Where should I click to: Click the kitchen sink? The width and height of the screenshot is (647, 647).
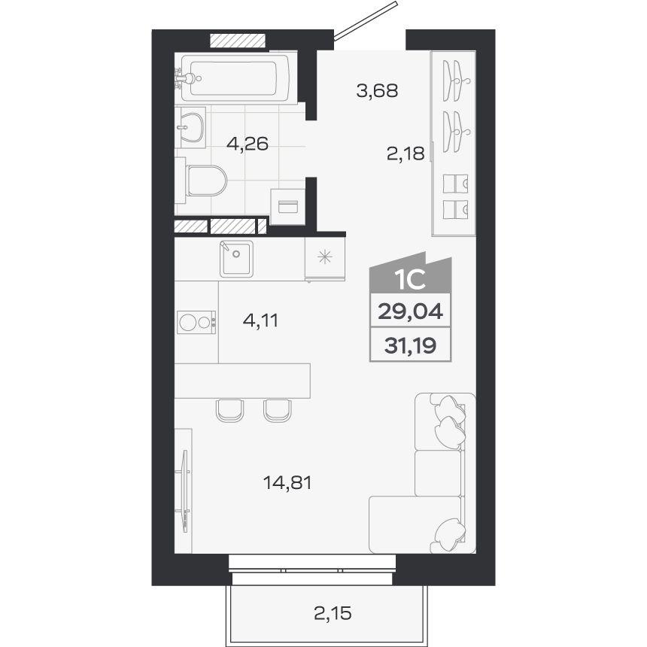(x=236, y=259)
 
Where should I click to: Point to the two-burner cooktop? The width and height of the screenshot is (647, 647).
(x=196, y=322)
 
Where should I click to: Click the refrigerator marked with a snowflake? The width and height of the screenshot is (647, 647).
(x=325, y=259)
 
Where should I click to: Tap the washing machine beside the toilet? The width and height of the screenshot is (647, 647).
(x=287, y=206)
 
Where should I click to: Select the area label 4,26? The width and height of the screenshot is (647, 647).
(x=248, y=144)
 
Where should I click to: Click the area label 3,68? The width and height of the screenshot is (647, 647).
(x=377, y=90)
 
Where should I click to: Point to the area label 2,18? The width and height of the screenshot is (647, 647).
(x=406, y=154)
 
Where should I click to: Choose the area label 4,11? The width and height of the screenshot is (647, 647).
(x=260, y=320)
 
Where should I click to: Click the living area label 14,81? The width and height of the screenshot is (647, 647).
(x=287, y=482)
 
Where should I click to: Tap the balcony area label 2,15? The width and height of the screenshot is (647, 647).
(x=333, y=613)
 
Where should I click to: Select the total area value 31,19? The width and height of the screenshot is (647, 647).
(x=410, y=345)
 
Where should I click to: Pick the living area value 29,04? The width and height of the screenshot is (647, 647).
(x=410, y=311)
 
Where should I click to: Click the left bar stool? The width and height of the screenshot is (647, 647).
(x=229, y=410)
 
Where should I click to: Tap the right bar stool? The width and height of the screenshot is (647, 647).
(x=278, y=410)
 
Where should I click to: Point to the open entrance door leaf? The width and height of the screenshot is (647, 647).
(x=365, y=21)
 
